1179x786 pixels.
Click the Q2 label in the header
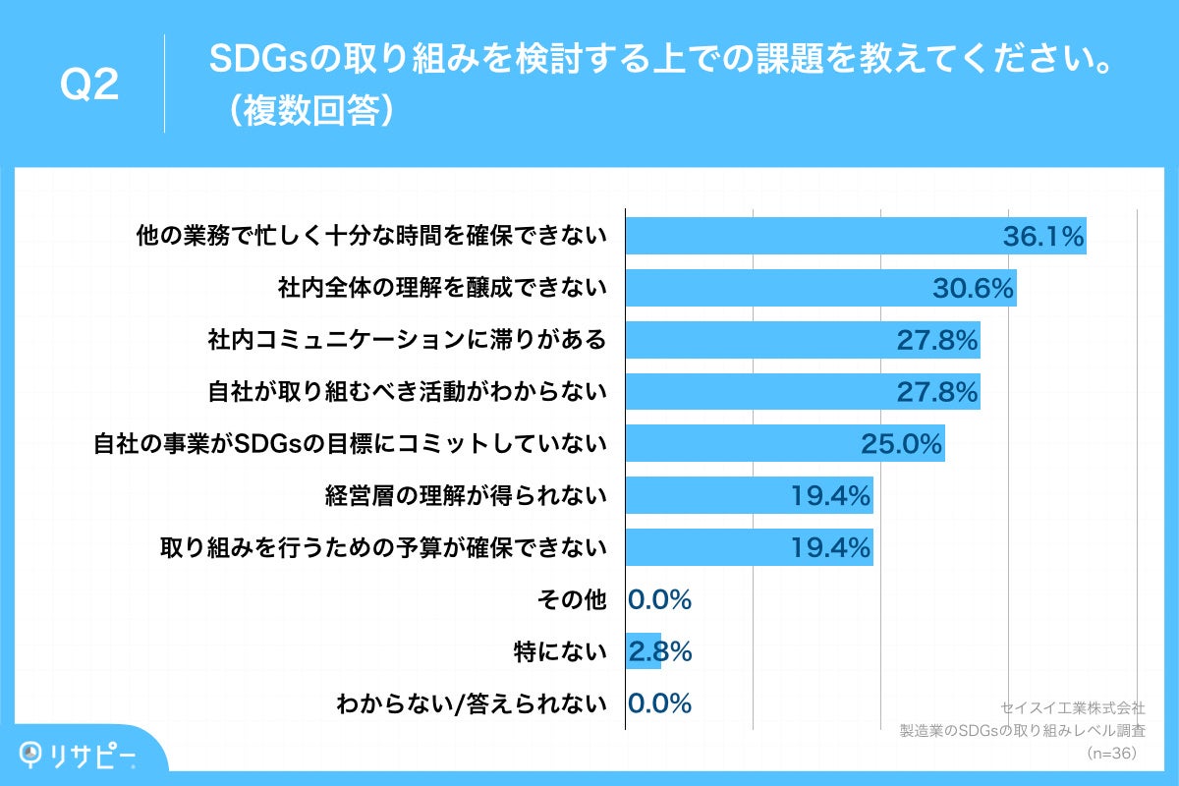click(89, 85)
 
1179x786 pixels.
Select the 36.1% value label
click(1042, 237)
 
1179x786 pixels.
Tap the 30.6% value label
click(973, 289)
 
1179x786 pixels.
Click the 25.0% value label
click(902, 444)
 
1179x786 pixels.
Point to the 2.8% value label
click(660, 651)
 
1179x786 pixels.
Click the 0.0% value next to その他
click(660, 599)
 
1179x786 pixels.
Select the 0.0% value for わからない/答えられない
click(660, 703)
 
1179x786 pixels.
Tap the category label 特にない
click(559, 651)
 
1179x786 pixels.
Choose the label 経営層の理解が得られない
click(467, 496)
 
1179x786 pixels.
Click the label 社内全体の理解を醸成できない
click(442, 289)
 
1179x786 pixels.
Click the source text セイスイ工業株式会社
click(1072, 707)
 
